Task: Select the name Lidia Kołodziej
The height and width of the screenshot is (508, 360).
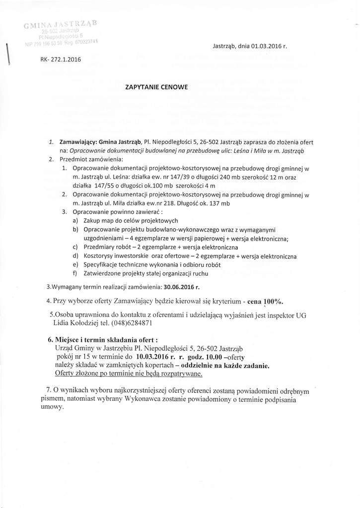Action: [x=76, y=322]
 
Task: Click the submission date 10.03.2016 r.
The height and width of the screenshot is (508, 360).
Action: [x=152, y=357]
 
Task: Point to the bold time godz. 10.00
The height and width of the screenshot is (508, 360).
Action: [x=199, y=357]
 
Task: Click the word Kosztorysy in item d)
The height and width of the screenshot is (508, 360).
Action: [x=101, y=256]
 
